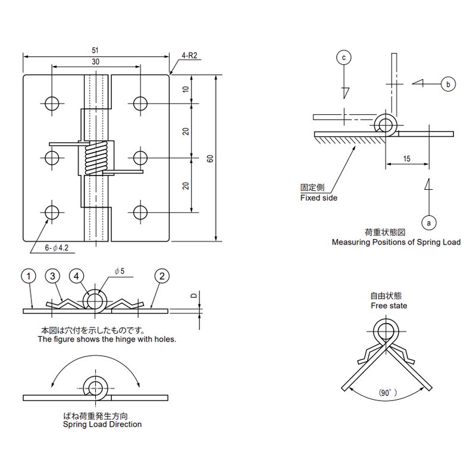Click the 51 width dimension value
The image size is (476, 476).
95,50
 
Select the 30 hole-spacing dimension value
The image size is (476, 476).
96,62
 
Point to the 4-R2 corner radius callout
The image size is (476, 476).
189,55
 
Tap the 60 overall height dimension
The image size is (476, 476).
210,158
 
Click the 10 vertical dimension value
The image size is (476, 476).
186,89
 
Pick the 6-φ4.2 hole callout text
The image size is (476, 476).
57,248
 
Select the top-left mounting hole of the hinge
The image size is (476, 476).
52,104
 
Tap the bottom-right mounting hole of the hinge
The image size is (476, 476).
140,212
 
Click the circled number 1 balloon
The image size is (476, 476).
29,276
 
